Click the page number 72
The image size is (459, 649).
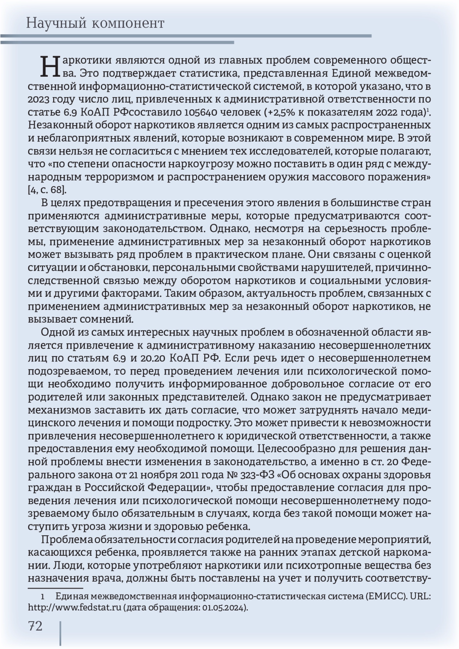coord(35,626)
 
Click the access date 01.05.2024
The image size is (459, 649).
coord(224,607)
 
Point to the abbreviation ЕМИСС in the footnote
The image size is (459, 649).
coord(385,597)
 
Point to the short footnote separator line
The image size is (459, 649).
coord(55,588)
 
